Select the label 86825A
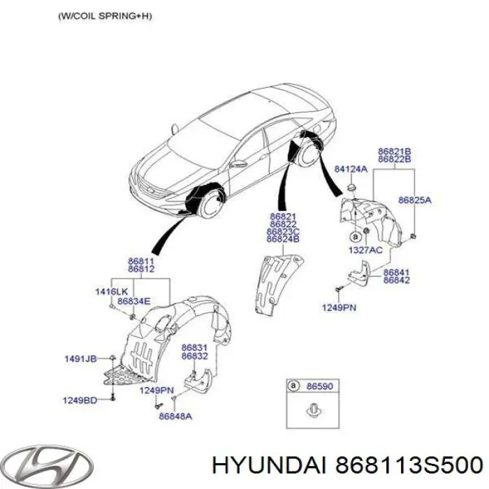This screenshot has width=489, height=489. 415,200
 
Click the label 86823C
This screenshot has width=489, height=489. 282,232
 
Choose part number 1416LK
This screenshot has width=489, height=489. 111,290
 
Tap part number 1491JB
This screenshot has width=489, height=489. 81,358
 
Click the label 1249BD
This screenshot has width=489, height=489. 81,400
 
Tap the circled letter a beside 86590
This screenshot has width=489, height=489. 295,385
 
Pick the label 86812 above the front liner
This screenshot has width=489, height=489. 140,269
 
